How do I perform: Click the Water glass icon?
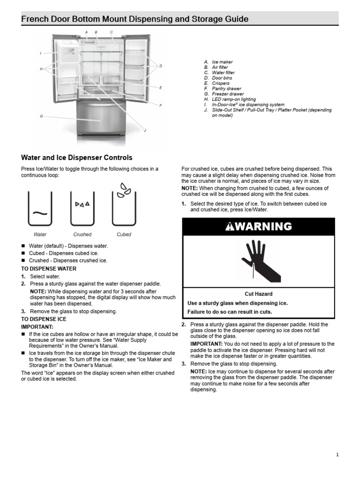(x=40, y=209)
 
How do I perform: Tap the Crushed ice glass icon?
(x=82, y=209)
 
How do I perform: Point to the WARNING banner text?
(x=258, y=226)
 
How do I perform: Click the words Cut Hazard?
(x=258, y=294)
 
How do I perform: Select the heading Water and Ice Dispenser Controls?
(x=77, y=158)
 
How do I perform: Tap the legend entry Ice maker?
(x=222, y=62)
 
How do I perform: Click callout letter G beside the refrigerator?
(x=41, y=116)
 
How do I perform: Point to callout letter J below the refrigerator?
(x=145, y=130)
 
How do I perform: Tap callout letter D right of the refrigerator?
(x=160, y=66)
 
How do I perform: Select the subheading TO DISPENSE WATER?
(x=49, y=269)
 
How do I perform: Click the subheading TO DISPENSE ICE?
(x=44, y=319)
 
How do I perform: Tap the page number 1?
(x=337, y=454)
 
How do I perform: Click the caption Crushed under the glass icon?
(x=82, y=234)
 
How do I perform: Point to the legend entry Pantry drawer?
(x=226, y=89)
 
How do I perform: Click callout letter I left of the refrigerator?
(x=41, y=53)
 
